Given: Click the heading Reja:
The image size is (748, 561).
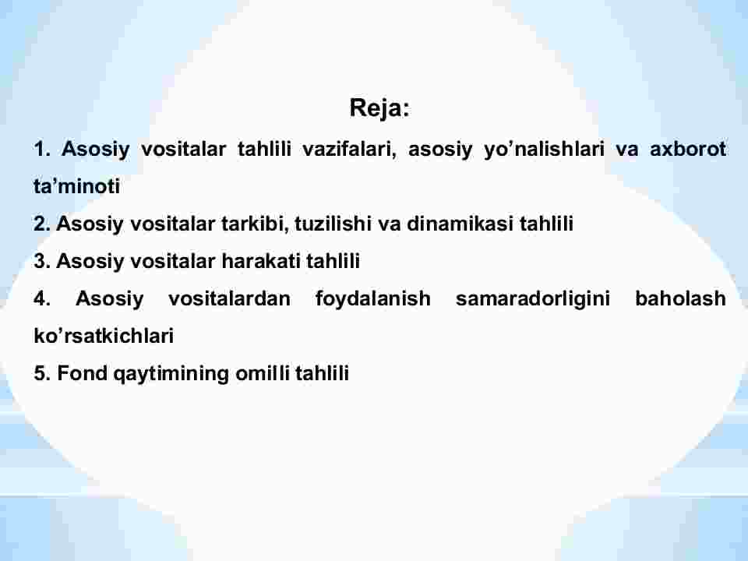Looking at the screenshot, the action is (379, 108).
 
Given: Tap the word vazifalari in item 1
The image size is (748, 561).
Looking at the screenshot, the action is (350, 149).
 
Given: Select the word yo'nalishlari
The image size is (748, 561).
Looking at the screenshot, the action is (544, 150).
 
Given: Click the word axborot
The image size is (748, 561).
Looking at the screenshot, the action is (688, 149).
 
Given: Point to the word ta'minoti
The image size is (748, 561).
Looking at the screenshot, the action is (77, 186).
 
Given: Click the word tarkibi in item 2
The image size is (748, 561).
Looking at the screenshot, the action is (256, 224).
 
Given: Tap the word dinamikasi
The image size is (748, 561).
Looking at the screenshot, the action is (460, 224).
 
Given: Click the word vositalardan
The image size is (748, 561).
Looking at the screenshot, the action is (229, 298).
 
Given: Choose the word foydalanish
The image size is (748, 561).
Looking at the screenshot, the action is (373, 299).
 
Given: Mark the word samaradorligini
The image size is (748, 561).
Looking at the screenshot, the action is (533, 299).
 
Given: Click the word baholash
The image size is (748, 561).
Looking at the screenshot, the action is (681, 298).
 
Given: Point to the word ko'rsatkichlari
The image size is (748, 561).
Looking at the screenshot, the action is (104, 336).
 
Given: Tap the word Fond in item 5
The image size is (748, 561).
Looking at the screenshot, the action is (83, 373).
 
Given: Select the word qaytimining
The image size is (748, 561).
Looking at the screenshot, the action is (171, 374).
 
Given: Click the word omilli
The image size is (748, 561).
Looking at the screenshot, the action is (263, 373).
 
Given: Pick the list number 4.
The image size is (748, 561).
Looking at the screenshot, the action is (41, 298).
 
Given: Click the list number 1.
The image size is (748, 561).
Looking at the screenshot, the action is (41, 149).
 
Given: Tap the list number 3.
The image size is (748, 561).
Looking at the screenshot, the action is (41, 261).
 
